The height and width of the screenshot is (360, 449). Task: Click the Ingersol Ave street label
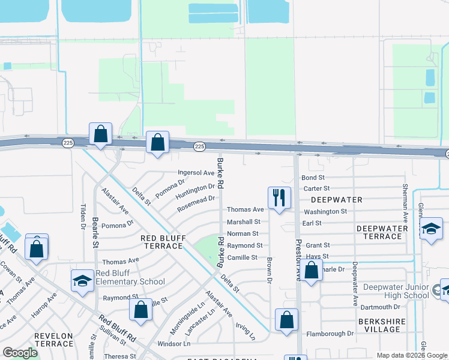click(196, 173)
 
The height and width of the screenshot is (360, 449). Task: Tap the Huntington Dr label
click(195, 191)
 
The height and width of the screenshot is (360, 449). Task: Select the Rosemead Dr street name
click(196, 203)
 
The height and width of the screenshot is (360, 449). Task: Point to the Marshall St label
click(243, 222)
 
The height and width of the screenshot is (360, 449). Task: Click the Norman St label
click(243, 233)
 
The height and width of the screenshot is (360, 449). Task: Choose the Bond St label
click(313, 178)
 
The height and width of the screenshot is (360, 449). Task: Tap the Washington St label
click(325, 211)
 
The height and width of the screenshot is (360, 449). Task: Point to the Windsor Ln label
click(173, 344)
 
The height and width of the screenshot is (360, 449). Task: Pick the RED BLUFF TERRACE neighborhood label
click(165, 242)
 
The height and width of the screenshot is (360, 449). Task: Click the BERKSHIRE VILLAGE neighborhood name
click(379, 325)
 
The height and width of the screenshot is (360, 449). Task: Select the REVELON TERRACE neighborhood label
click(53, 340)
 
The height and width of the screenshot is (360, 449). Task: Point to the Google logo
click(20, 353)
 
